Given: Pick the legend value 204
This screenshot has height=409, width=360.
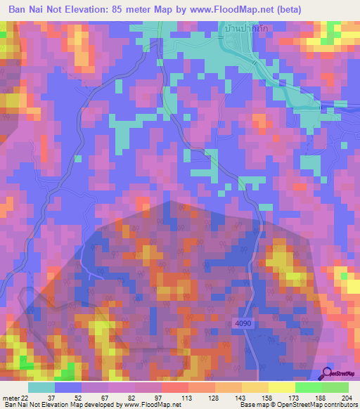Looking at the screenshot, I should (347, 398).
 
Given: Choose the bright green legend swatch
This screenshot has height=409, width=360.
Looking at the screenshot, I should (308, 387).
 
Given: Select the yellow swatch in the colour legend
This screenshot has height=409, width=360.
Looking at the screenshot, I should (281, 387).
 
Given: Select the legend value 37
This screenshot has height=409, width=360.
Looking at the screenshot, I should (50, 398).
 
